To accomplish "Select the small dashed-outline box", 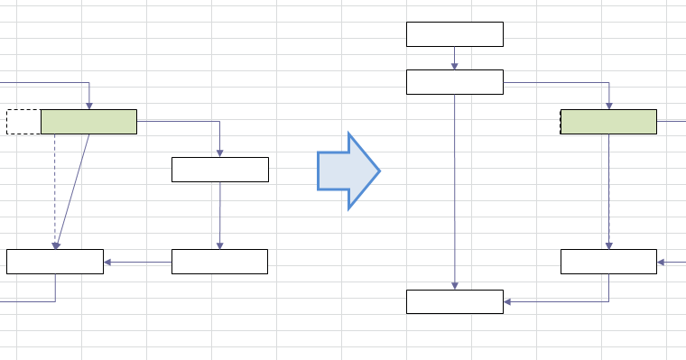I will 23,122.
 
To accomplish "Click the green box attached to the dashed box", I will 88,122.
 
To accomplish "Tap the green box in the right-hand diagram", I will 608,122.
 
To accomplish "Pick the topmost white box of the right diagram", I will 454,34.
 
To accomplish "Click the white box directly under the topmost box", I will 454,81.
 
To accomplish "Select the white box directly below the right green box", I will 608,262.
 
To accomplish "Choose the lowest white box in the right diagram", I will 454,301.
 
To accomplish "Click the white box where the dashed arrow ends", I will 54,262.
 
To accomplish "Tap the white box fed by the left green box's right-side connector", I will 220,170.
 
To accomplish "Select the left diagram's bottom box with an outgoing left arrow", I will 219,262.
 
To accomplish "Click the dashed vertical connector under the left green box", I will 55,189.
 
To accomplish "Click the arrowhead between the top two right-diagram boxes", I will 455,66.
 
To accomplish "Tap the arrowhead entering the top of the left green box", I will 89,106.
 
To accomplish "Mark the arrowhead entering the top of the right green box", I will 609,106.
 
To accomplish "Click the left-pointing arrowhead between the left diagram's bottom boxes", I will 107,263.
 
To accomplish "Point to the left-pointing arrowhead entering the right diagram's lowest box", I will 507,301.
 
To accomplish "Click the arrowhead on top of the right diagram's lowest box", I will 455,286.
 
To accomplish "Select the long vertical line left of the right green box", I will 455,189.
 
